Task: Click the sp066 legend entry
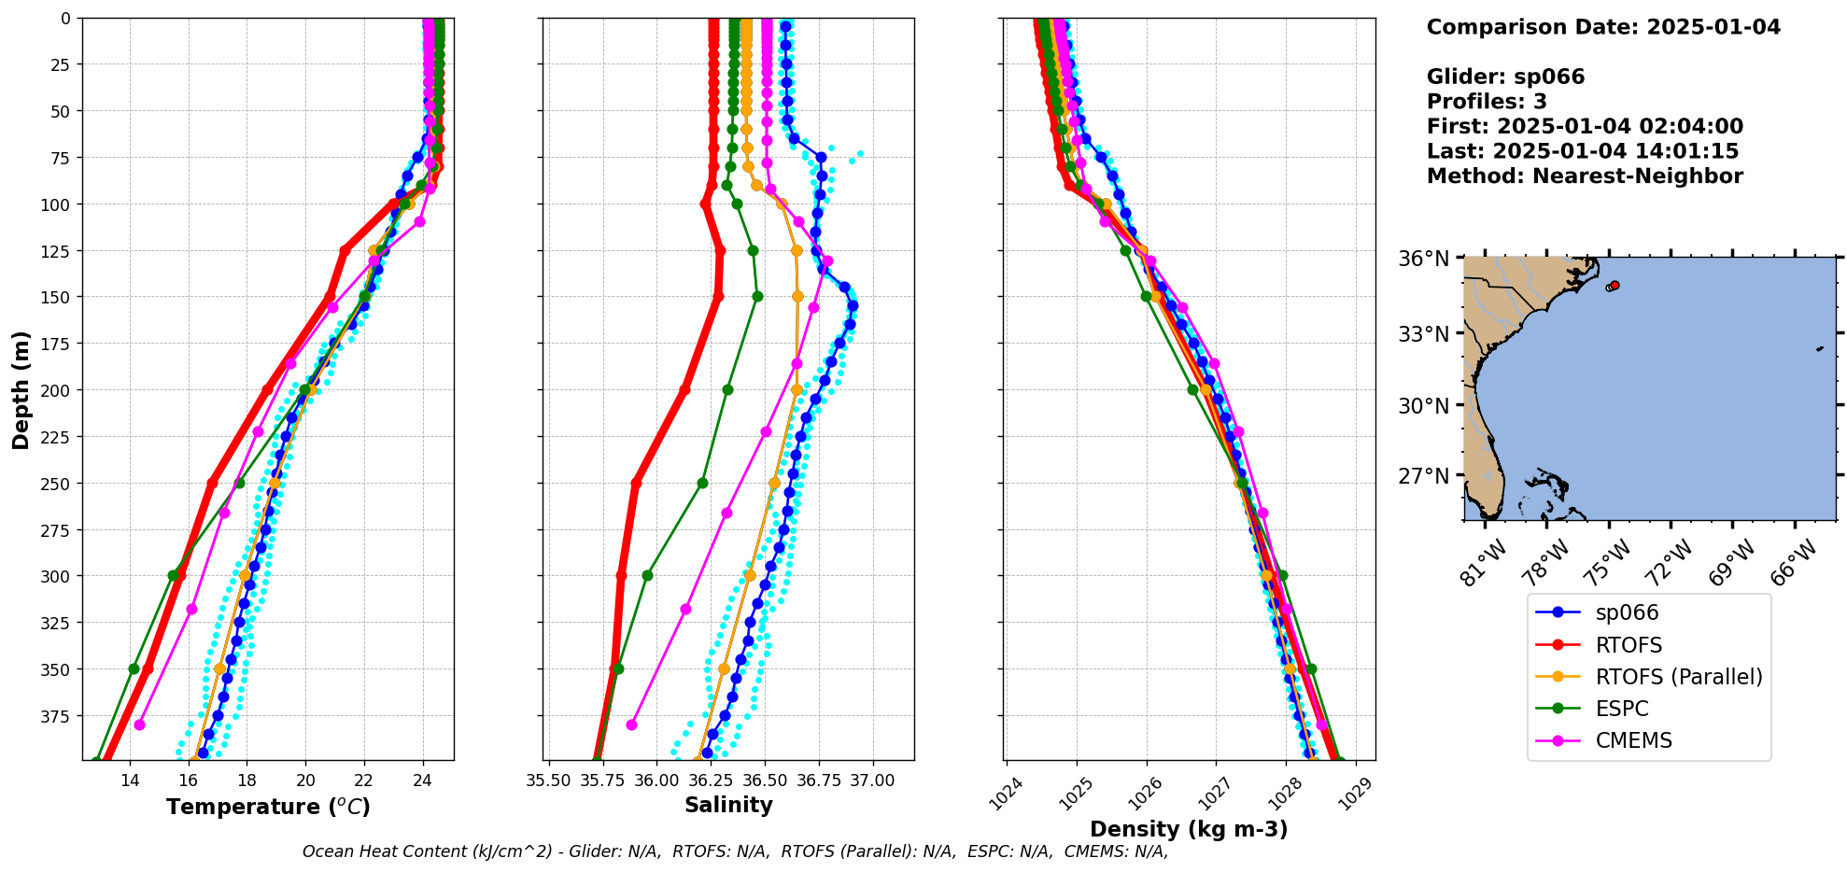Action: click(x=1627, y=613)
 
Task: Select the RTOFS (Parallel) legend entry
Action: click(x=1678, y=677)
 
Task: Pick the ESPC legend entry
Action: click(x=1621, y=709)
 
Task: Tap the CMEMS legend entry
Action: click(x=1633, y=740)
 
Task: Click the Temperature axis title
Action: click(x=268, y=807)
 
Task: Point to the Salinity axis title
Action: click(x=728, y=805)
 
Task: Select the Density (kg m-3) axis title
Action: click(x=1189, y=829)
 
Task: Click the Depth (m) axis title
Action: click(x=21, y=389)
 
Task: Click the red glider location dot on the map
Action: click(x=1614, y=286)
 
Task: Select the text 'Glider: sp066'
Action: click(x=1505, y=77)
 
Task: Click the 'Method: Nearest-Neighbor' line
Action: click(x=1584, y=176)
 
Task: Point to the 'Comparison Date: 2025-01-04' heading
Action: click(x=1602, y=27)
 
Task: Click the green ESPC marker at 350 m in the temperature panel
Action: click(x=134, y=668)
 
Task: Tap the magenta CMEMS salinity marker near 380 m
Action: click(x=631, y=724)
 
